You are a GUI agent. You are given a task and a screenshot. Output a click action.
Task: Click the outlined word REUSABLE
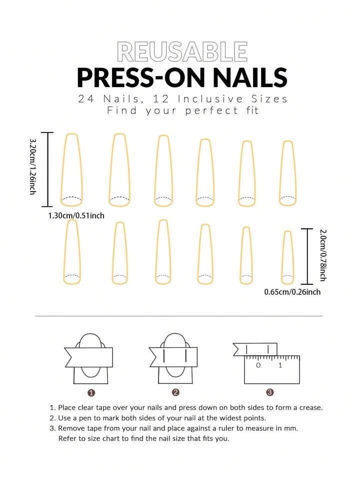[x=182, y=52]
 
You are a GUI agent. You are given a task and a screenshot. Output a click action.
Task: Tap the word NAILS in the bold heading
[x=250, y=78]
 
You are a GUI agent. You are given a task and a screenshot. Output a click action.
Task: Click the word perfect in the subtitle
[x=211, y=111]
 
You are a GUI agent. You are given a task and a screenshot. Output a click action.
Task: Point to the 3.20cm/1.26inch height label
[x=32, y=166]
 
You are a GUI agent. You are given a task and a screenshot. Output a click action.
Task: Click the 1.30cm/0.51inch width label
[x=76, y=216]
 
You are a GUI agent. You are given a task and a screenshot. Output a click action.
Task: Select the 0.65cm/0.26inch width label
[x=292, y=292]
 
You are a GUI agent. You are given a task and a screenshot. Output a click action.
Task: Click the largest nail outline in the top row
[x=72, y=170]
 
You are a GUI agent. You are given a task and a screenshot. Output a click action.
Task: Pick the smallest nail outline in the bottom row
[x=287, y=257]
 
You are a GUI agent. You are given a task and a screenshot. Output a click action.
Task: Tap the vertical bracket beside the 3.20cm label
[x=47, y=169]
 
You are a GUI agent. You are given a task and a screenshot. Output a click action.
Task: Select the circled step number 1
[x=91, y=393]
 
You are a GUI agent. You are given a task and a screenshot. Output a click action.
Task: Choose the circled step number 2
[x=175, y=392]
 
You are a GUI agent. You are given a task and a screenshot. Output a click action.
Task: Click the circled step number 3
[x=270, y=392]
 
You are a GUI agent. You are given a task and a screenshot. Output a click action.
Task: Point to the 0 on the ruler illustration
[x=258, y=365]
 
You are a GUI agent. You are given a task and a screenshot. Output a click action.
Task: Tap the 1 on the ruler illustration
[x=280, y=365]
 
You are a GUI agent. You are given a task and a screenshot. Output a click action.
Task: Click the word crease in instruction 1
[x=311, y=408]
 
